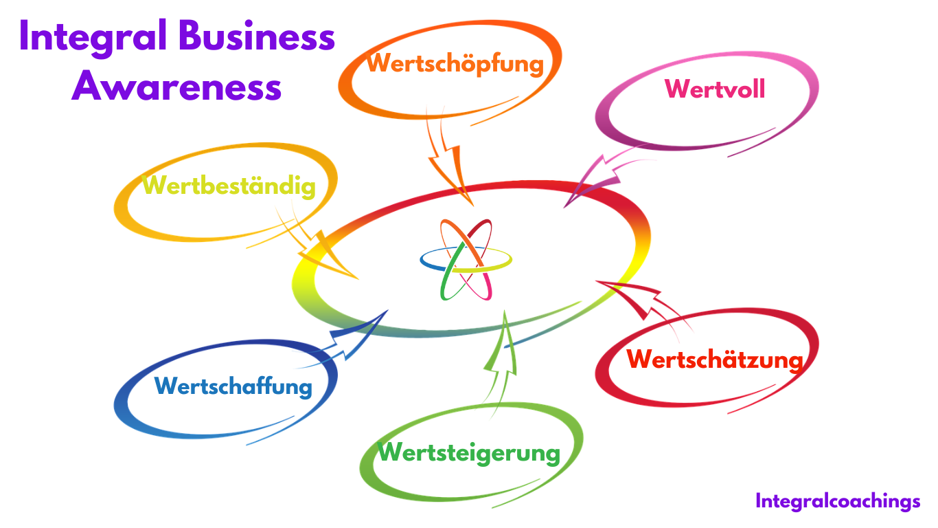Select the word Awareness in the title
176,87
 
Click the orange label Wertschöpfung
455,63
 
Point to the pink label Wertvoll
715,89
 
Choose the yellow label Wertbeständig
229,186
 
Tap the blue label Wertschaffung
233,386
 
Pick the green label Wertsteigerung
469,452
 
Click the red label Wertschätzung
715,359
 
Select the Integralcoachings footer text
838,501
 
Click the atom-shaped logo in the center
466,260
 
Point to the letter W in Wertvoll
677,89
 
